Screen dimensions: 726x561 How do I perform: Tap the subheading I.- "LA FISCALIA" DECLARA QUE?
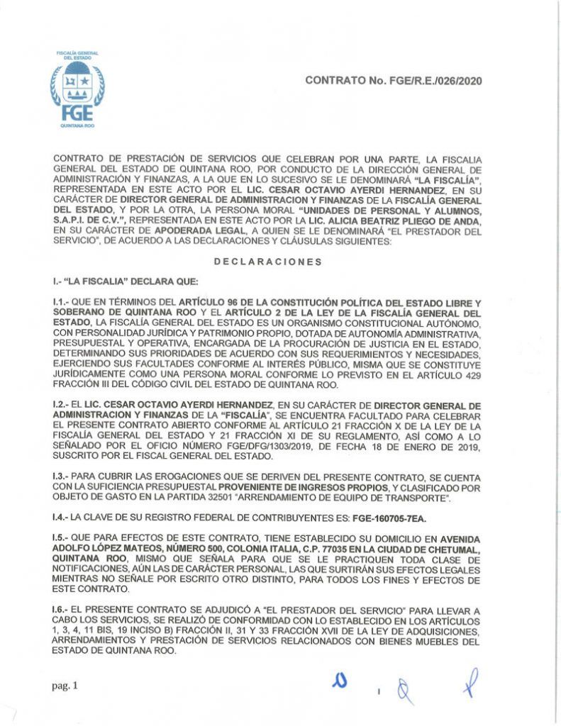118,282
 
